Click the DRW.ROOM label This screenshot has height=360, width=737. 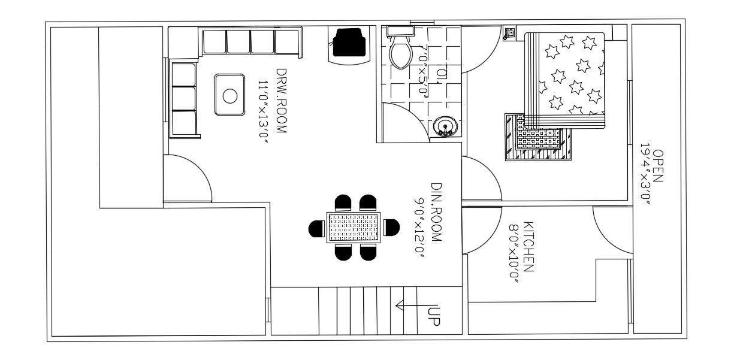tap(281, 100)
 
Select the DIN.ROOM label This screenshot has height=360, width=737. tap(436, 212)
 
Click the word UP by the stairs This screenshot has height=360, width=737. tap(435, 316)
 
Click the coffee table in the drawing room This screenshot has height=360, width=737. tap(229, 95)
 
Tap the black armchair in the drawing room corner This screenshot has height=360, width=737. tap(349, 43)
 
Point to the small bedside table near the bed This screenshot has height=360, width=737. tap(509, 34)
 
